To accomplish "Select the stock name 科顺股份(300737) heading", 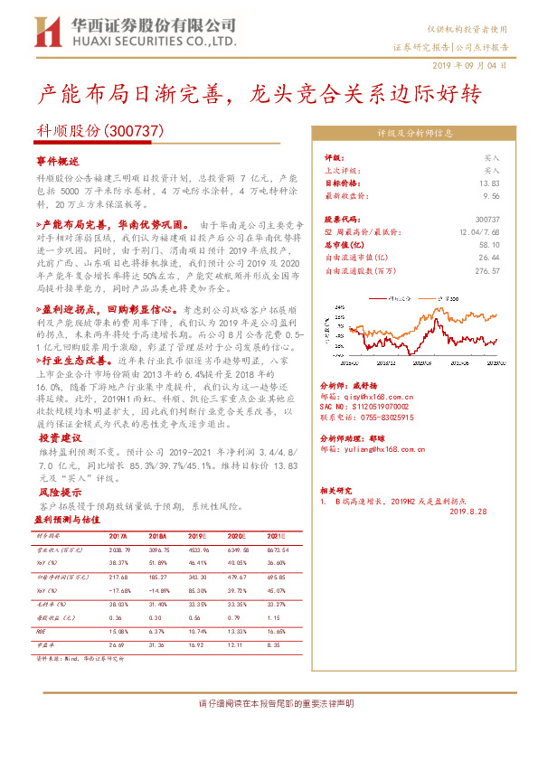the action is (99, 131).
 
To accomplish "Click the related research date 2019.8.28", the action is (467, 511).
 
